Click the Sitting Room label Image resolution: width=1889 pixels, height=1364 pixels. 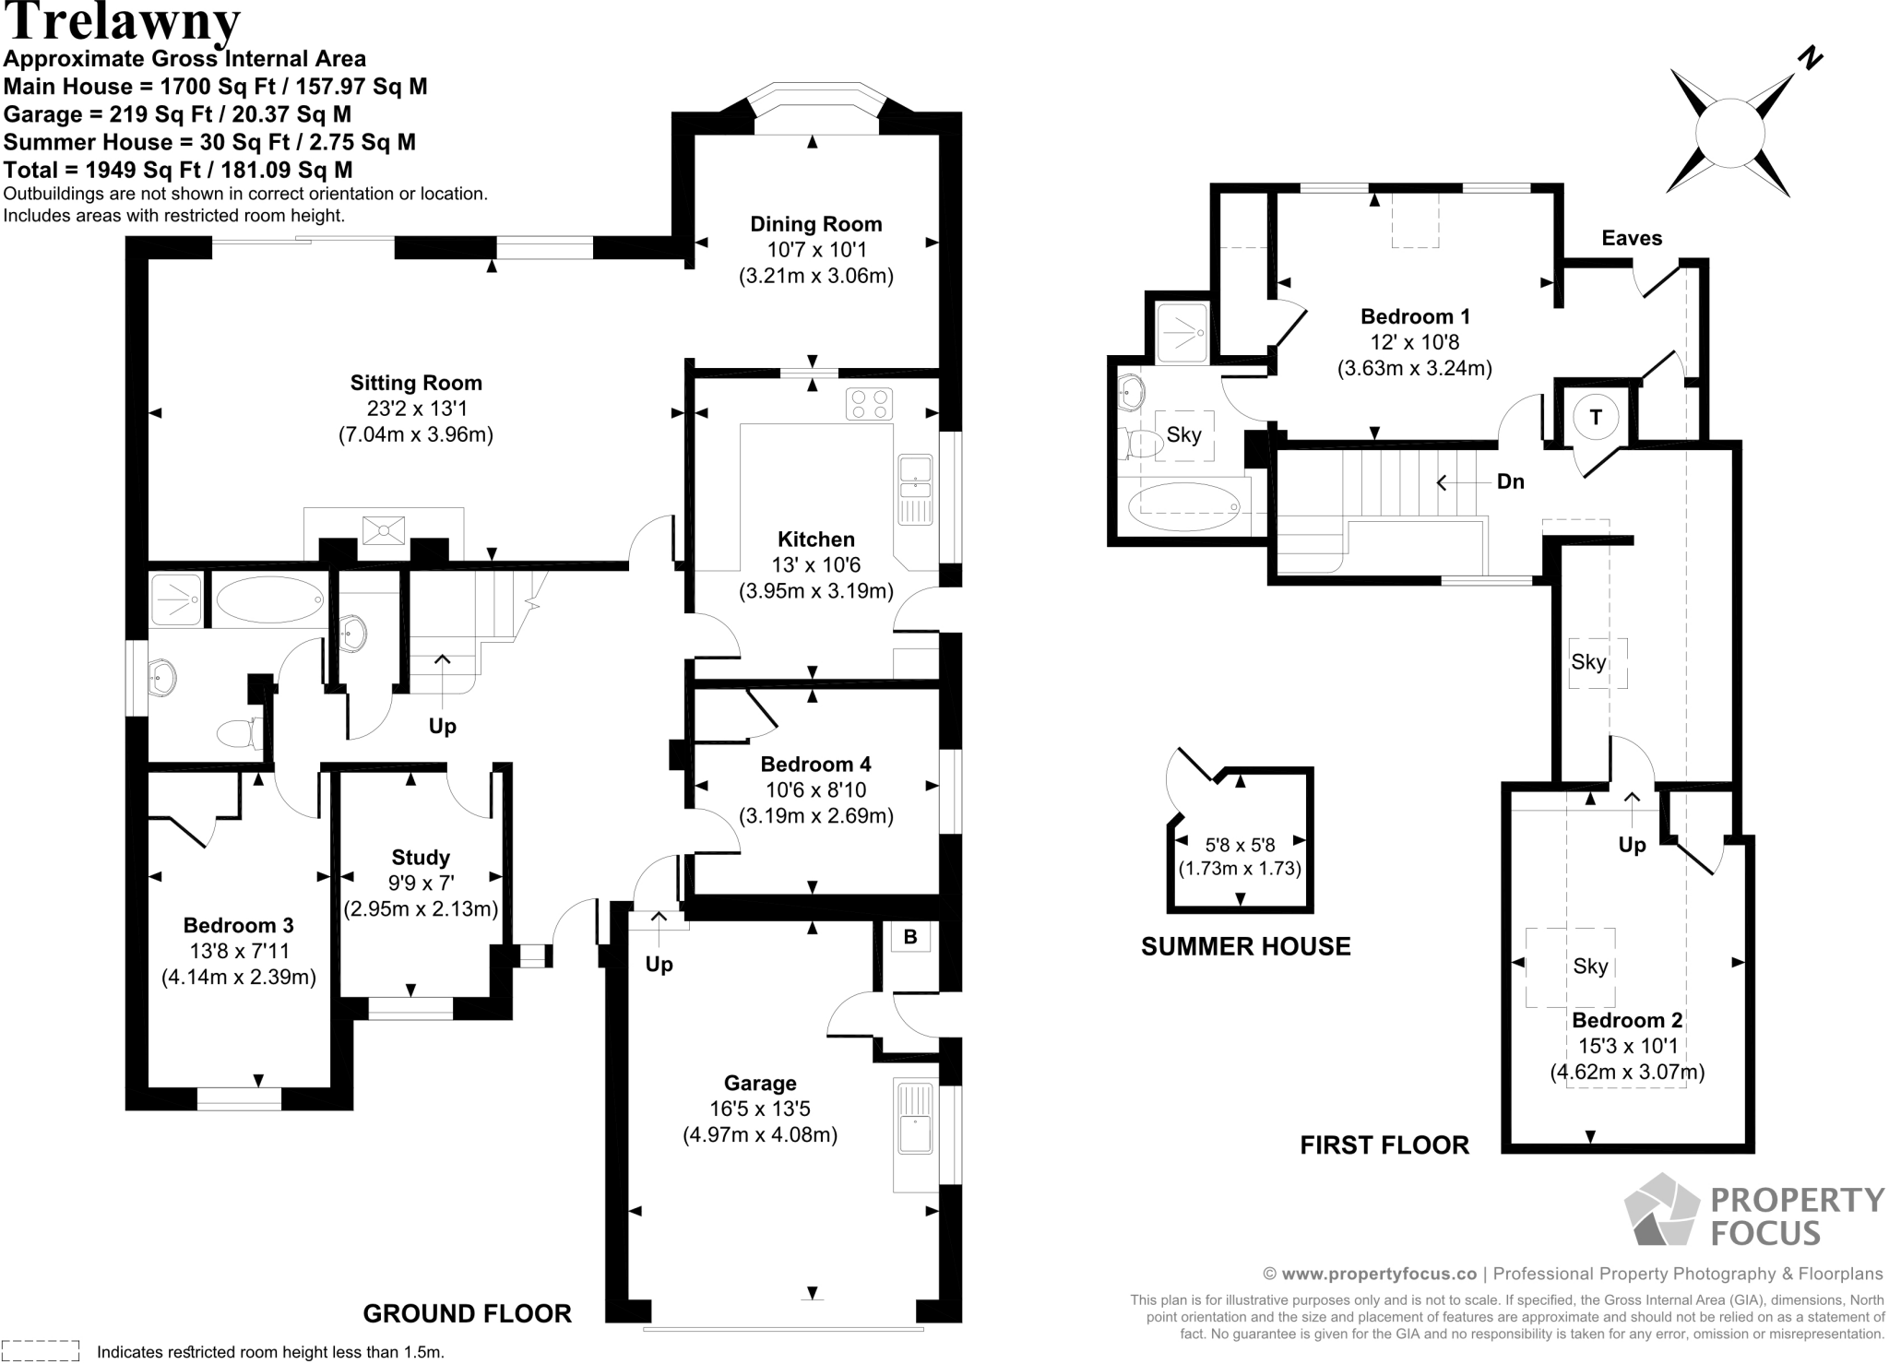coord(416,383)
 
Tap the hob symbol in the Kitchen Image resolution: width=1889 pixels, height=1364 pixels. coord(870,403)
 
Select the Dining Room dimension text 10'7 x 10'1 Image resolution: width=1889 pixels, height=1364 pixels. coord(816,250)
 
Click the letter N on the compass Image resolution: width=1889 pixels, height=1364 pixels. coord(1811,59)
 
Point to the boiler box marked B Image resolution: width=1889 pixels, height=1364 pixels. coord(910,937)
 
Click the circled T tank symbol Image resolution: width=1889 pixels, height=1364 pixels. coord(1596,418)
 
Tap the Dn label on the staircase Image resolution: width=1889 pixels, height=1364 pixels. coord(1510,481)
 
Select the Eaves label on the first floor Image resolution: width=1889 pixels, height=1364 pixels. coord(1632,238)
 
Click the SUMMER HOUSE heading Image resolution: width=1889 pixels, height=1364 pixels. coord(1245,946)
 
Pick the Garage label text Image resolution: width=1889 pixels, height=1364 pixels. coord(760,1083)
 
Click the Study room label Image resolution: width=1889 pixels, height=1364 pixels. coord(421,858)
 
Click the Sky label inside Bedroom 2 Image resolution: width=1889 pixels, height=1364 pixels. coord(1590,966)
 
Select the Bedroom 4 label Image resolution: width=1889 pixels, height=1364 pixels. coord(815,764)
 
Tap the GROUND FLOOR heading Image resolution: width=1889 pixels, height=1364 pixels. coord(467,1313)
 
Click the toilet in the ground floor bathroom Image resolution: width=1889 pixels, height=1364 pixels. coord(235,734)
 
